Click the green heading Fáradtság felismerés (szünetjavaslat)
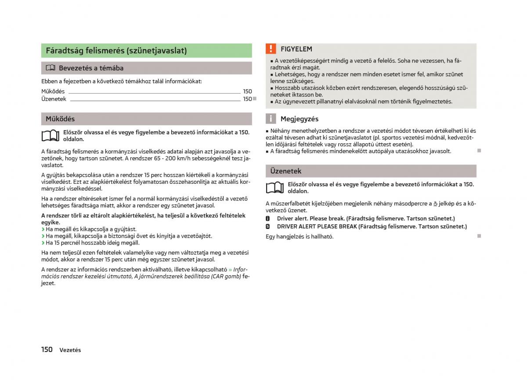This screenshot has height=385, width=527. coord(116,51)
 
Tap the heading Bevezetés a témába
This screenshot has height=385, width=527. coord(91,68)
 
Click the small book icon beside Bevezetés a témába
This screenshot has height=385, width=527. coord(51,68)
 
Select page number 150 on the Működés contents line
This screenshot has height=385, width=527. coord(247,91)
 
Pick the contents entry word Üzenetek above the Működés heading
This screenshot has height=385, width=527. coord(54,99)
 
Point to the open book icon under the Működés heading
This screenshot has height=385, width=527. coord(50,136)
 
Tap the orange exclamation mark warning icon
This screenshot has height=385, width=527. coord(271,49)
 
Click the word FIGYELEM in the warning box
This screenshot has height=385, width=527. coord(296,49)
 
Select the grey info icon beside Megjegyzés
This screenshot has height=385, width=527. coord(271,119)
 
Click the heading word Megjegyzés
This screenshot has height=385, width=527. coord(300,119)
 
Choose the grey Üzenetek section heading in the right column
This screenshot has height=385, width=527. coord(285,171)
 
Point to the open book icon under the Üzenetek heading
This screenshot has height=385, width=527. coord(274,188)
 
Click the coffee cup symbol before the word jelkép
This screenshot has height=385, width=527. coord(435,203)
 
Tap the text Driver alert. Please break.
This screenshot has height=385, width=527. coord(311,218)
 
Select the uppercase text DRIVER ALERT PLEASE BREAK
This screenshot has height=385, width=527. coord(317,226)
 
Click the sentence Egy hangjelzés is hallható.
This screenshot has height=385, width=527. coord(300,236)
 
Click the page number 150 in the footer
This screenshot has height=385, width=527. coord(47,349)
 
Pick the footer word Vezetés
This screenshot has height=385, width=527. coord(70,350)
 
